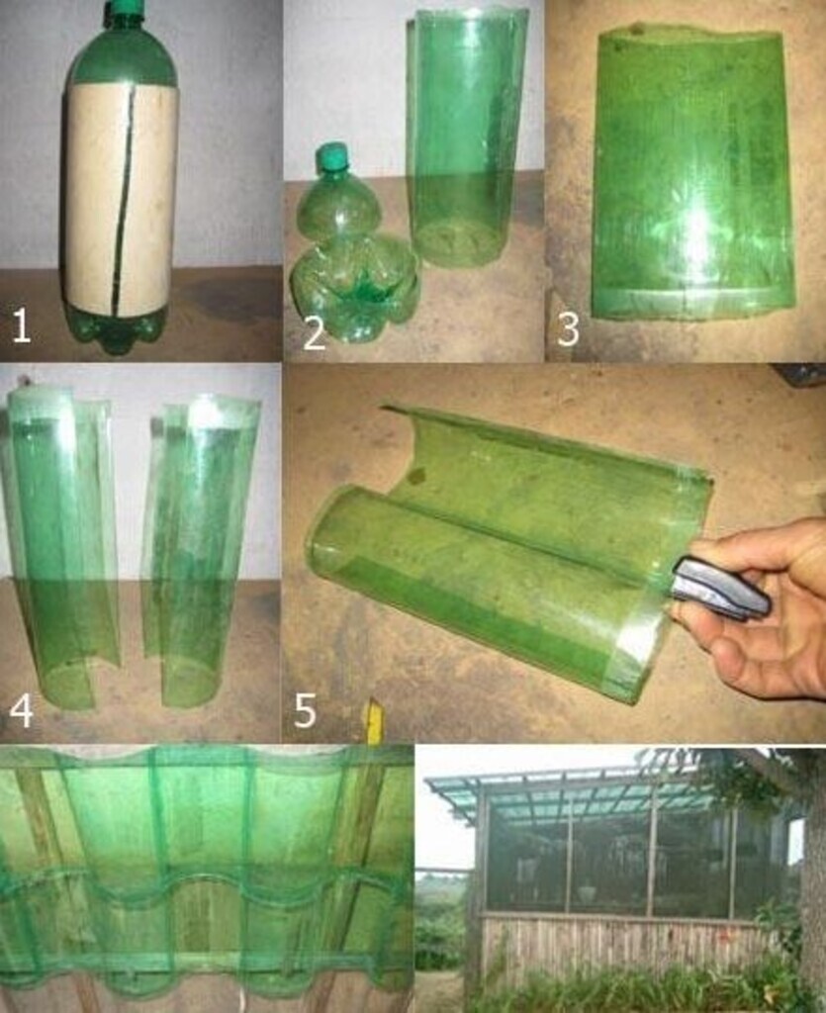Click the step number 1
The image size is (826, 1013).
(x=22, y=324)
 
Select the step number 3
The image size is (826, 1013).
(x=568, y=327)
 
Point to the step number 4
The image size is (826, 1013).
(x=22, y=710)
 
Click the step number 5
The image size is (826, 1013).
(x=306, y=709)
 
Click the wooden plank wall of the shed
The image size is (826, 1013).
(x=620, y=950)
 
